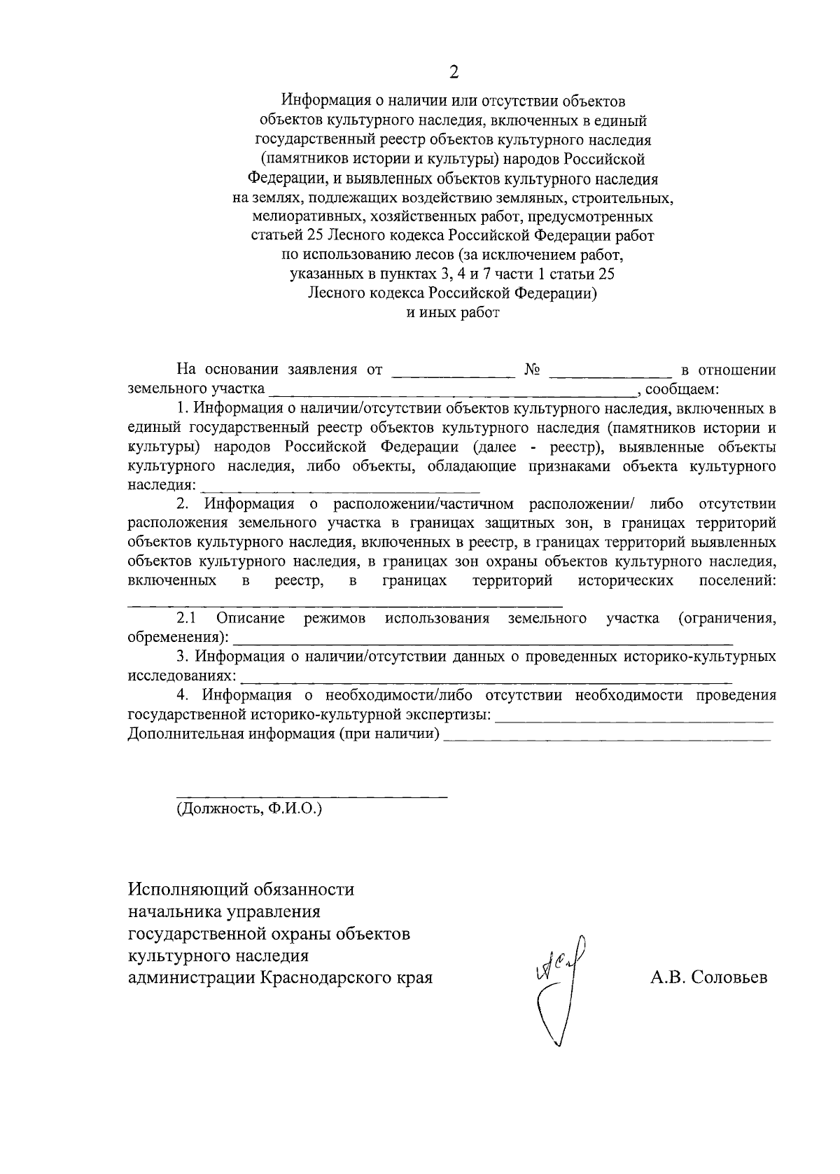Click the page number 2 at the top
tap(453, 71)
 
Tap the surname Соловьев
tap(729, 977)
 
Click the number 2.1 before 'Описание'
tap(186, 618)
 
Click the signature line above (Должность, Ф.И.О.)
tap(311, 797)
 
